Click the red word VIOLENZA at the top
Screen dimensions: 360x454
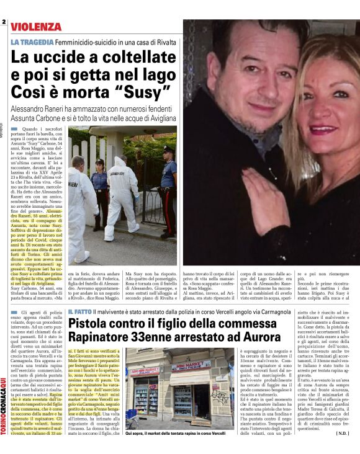click(36, 27)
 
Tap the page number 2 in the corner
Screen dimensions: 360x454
click(4, 22)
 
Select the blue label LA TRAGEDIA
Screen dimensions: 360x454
click(31, 41)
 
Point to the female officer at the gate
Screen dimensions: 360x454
click(99, 186)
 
